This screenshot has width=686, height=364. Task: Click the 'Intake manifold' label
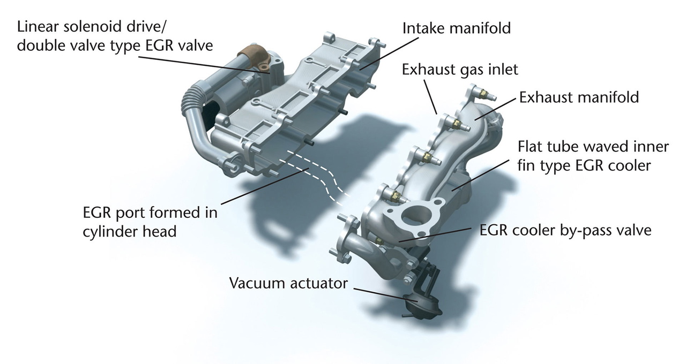tap(456, 28)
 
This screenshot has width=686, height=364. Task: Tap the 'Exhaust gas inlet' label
tap(460, 70)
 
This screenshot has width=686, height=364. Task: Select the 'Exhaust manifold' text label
tap(579, 97)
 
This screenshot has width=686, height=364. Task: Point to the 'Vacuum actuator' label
tap(288, 283)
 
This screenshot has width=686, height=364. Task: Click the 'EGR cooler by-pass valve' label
tap(565, 230)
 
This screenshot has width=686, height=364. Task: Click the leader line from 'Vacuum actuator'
tap(385, 294)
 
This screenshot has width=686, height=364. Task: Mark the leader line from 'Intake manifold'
tap(389, 54)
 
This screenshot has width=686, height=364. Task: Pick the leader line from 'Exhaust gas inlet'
tap(430, 97)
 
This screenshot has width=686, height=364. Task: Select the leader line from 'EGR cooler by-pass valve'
tap(435, 234)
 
